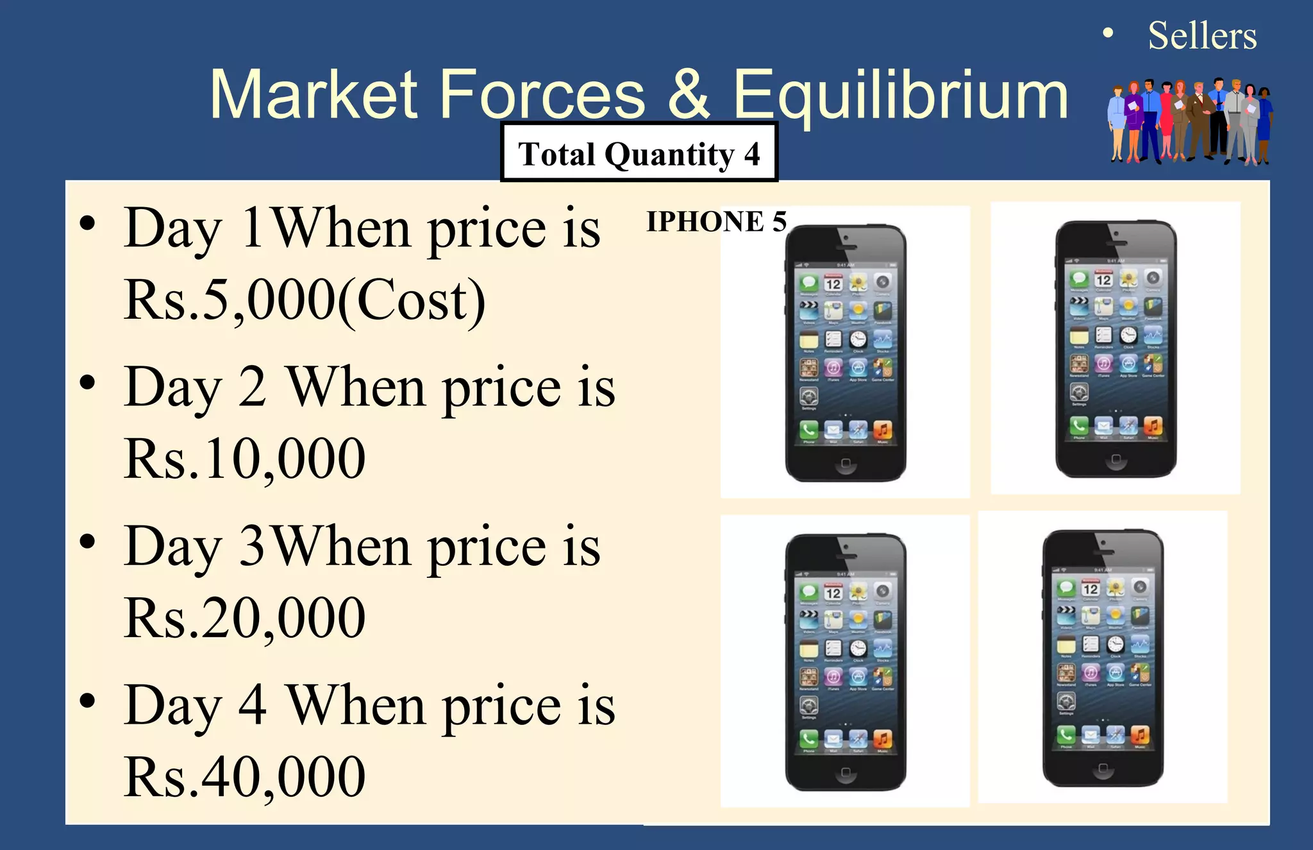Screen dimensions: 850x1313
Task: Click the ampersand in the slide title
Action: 689,95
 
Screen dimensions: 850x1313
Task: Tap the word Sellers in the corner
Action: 1202,36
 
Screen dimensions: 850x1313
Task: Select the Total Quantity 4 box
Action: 639,153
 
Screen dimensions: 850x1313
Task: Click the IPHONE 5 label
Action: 715,221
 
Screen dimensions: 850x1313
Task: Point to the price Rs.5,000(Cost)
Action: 305,300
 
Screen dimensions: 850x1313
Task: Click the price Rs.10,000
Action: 245,458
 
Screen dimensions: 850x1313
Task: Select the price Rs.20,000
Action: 245,617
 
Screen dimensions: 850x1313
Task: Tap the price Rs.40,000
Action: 245,776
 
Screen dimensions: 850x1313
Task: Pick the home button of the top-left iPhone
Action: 846,463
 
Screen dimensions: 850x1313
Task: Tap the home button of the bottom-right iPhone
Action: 1103,768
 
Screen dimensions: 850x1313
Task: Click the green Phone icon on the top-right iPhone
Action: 1079,425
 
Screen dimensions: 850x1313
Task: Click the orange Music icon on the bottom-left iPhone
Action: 883,739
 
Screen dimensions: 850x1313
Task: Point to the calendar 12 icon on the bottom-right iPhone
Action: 1091,588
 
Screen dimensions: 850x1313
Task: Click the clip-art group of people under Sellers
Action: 1189,122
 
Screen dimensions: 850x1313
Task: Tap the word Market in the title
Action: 314,95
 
